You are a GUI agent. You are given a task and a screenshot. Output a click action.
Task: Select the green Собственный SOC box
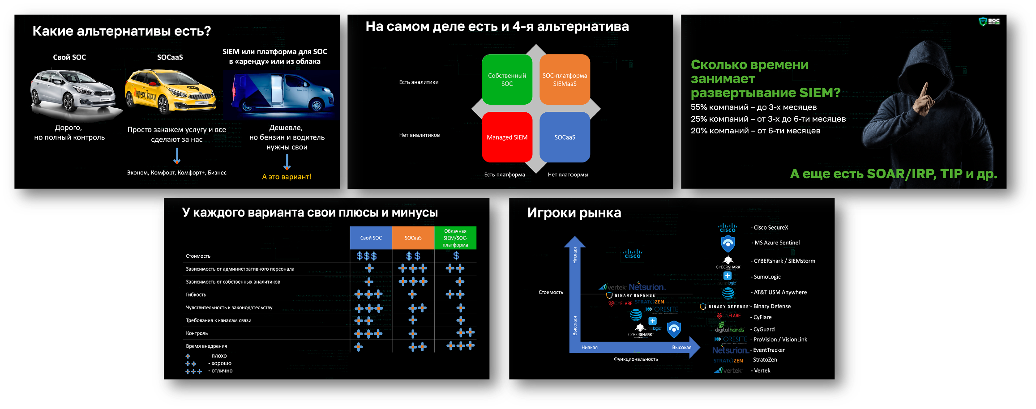pyautogui.click(x=507, y=80)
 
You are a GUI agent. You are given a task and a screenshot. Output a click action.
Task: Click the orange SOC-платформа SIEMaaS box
pyautogui.click(x=565, y=80)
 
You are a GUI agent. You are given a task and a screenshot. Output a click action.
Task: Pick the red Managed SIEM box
pyautogui.click(x=507, y=137)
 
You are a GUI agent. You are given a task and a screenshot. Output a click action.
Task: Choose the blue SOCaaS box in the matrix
pyautogui.click(x=565, y=137)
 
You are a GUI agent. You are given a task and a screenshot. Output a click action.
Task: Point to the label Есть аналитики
pyautogui.click(x=419, y=82)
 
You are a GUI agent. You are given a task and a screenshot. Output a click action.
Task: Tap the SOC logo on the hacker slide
pyautogui.click(x=989, y=21)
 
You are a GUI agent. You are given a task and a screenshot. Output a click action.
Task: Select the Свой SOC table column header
pyautogui.click(x=371, y=238)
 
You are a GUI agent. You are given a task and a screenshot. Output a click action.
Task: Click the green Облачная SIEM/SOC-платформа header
pyautogui.click(x=455, y=238)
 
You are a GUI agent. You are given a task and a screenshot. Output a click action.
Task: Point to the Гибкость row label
pyautogui.click(x=196, y=295)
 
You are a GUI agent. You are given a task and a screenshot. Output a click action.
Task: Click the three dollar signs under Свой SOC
pyautogui.click(x=367, y=256)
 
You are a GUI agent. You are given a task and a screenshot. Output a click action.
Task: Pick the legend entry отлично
pyautogui.click(x=222, y=371)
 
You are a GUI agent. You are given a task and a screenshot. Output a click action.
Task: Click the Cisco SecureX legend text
pyautogui.click(x=771, y=228)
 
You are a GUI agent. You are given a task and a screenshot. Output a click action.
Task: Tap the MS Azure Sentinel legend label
pyautogui.click(x=777, y=243)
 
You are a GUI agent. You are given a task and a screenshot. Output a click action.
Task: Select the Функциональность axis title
pyautogui.click(x=636, y=359)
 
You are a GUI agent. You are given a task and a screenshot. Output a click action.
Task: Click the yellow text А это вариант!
pyautogui.click(x=287, y=177)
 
